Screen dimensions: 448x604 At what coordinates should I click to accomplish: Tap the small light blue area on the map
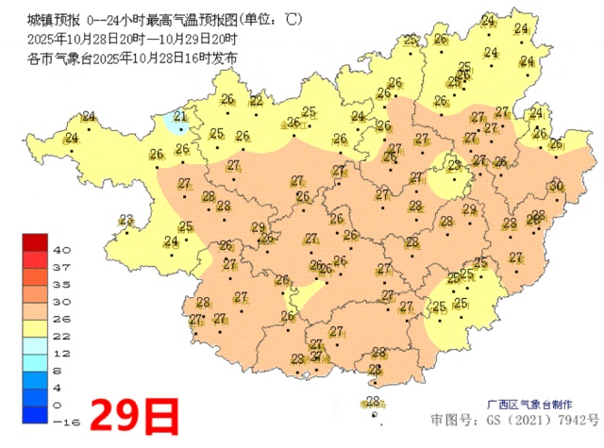pyautogui.click(x=171, y=124)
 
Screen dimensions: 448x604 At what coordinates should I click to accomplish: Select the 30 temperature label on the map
pyautogui.click(x=557, y=186)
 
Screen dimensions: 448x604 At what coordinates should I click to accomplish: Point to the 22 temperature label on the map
pyautogui.click(x=257, y=101)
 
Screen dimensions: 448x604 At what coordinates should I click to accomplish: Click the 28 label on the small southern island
pyautogui.click(x=372, y=402)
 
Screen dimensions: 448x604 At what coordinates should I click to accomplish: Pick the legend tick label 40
pyautogui.click(x=62, y=250)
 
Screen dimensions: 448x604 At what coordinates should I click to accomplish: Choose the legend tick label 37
pyautogui.click(x=62, y=267)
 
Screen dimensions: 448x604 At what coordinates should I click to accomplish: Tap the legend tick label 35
pyautogui.click(x=62, y=284)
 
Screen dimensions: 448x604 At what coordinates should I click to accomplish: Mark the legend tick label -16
pyautogui.click(x=62, y=422)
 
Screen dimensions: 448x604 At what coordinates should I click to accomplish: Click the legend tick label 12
pyautogui.click(x=62, y=353)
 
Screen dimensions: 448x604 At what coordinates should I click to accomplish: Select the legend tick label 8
pyautogui.click(x=62, y=370)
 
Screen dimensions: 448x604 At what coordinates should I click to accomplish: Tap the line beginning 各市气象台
pyautogui.click(x=132, y=58)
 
